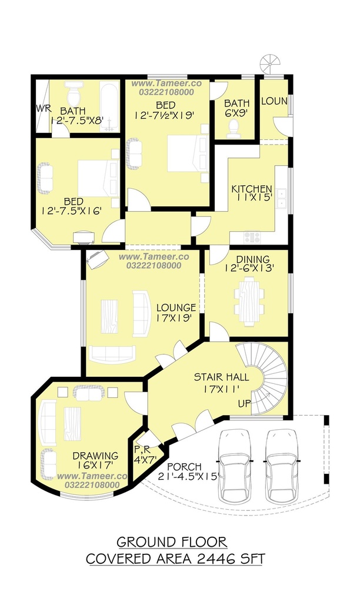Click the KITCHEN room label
point(252,189)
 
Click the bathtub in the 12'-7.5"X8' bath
point(109,107)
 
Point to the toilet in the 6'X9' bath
point(234,129)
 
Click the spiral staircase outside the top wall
point(270,64)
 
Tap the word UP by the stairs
point(244,404)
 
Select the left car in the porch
point(234,466)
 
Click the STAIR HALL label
point(221,377)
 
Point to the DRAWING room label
point(95,456)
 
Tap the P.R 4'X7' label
point(142,455)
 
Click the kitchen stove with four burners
point(252,237)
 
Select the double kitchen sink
point(282,198)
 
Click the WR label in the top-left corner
point(44,108)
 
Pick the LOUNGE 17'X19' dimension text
point(174,318)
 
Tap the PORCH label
point(185,467)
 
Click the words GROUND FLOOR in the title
point(172,542)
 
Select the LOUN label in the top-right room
point(274,101)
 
